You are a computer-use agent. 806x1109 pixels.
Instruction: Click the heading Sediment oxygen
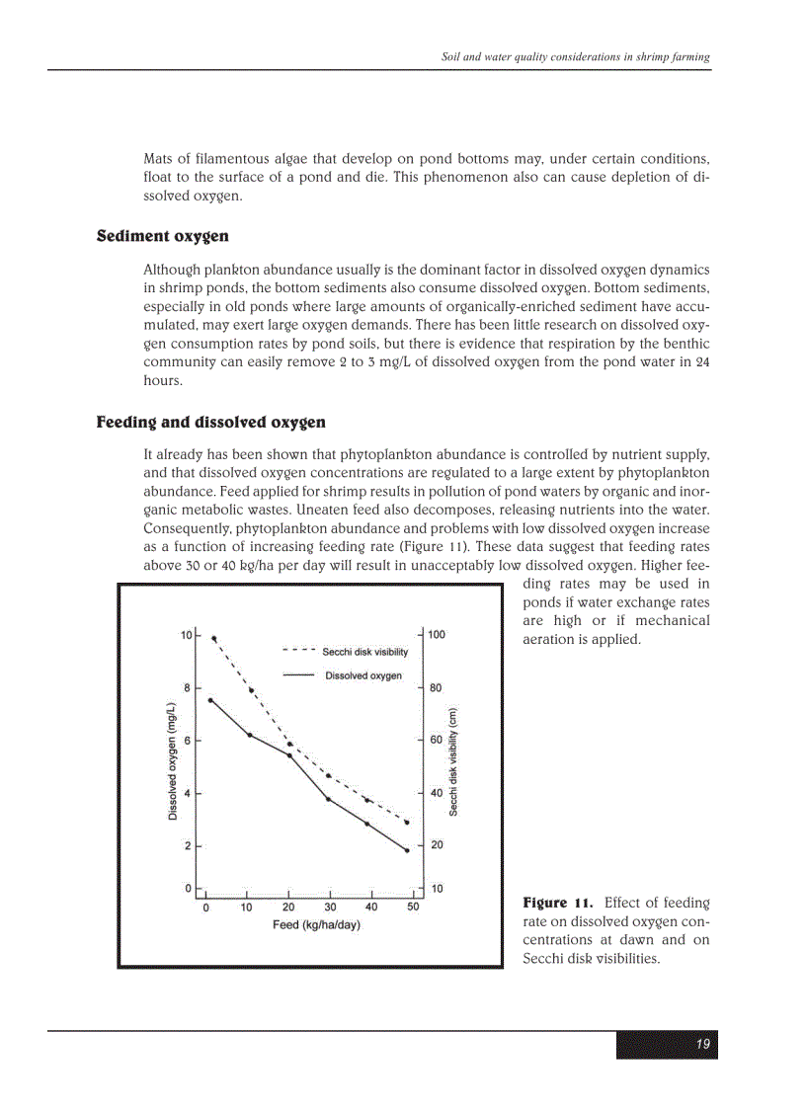[x=162, y=236]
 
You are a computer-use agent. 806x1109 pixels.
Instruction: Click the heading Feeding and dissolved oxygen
[x=210, y=423]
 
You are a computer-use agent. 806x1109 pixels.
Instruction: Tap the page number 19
[x=702, y=1045]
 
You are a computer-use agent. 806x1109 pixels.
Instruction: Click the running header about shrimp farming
[x=575, y=57]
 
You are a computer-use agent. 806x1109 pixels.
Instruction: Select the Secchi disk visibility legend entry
[x=364, y=652]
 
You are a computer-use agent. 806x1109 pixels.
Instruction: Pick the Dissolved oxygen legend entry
[x=363, y=675]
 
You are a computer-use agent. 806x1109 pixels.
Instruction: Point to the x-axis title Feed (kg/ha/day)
[x=316, y=925]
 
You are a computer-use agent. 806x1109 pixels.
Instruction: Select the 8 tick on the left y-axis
[x=187, y=687]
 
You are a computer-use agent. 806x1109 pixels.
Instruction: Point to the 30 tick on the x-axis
[x=330, y=907]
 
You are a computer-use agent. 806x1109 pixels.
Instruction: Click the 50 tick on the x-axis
[x=413, y=907]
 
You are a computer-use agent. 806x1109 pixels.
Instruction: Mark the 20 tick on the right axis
[x=437, y=845]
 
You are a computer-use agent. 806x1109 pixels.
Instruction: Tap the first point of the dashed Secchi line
[x=214, y=639]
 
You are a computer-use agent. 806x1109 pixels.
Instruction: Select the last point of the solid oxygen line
[x=407, y=850]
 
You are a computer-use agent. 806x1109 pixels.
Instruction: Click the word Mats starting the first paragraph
[x=159, y=158]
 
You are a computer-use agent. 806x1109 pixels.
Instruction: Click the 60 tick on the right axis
[x=437, y=741]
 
